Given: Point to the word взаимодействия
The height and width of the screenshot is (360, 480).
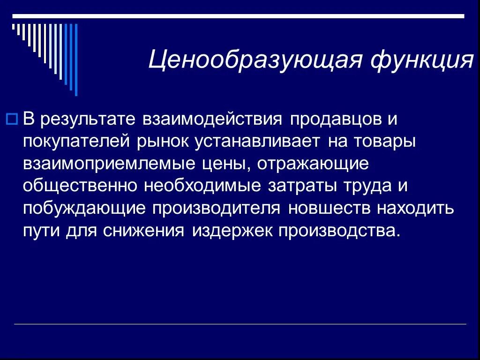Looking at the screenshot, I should (211, 120).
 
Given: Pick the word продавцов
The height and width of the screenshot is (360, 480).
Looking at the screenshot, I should (336, 120).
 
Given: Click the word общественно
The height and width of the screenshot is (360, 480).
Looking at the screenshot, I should (80, 186).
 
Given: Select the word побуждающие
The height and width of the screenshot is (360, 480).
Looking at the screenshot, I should (84, 208).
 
